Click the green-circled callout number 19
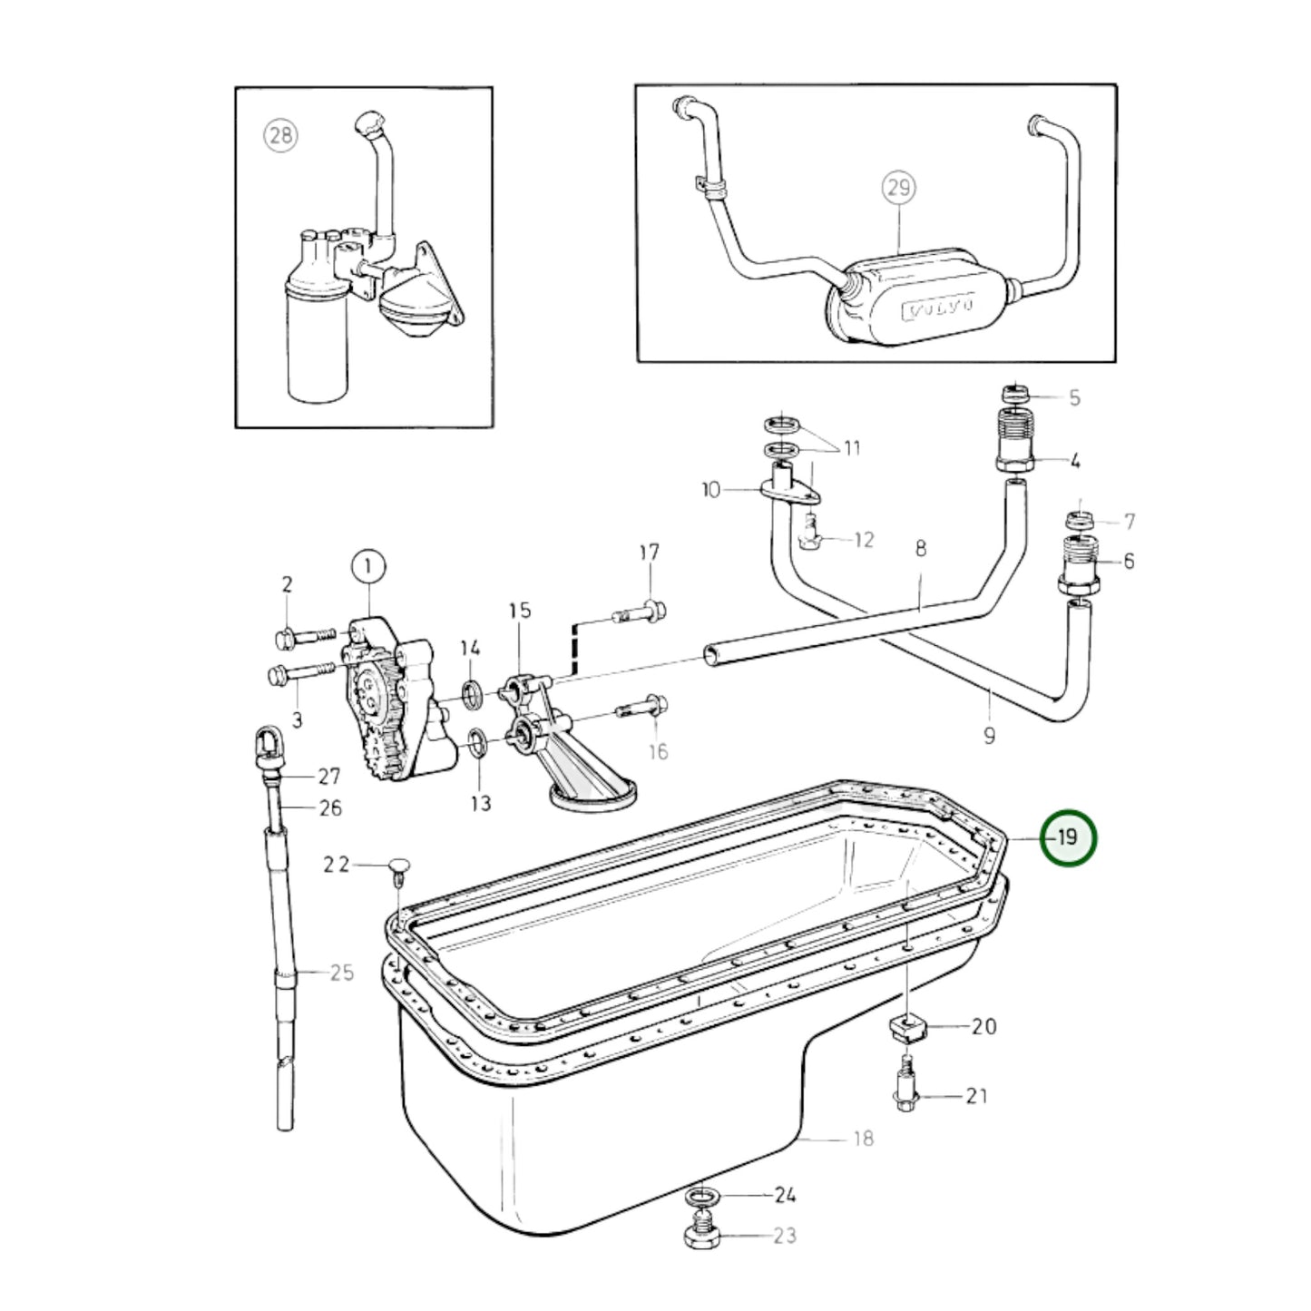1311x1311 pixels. coord(1069,837)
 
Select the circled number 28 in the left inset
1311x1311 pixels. coord(280,136)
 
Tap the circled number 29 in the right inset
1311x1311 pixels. coord(897,188)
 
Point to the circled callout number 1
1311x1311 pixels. coord(368,567)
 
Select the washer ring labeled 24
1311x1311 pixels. coord(699,1197)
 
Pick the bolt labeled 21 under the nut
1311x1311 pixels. coord(905,1088)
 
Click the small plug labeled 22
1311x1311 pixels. coord(399,867)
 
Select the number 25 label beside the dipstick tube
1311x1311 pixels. coord(341,973)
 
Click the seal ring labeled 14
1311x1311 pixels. coord(473,694)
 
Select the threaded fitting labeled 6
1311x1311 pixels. coord(1079,563)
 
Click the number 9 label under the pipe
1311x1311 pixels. coord(989,735)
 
